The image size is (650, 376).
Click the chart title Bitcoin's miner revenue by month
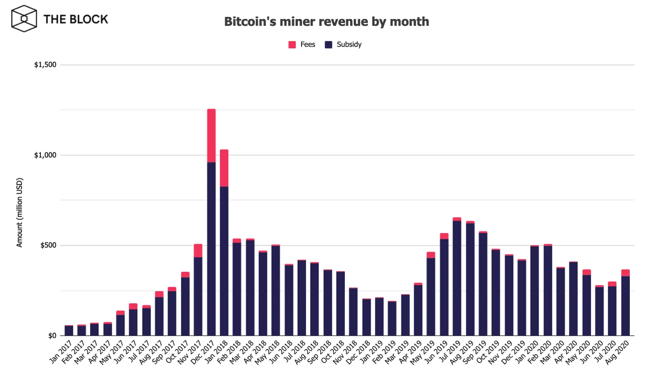[x=326, y=21]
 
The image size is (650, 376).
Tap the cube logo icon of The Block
[x=24, y=19]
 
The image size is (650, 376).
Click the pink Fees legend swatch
[x=292, y=44]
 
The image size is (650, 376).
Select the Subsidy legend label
[x=349, y=44]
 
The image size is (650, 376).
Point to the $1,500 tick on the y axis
[x=45, y=65]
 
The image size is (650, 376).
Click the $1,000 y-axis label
[x=45, y=155]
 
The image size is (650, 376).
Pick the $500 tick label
[x=48, y=245]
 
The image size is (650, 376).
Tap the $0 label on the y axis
[x=52, y=336]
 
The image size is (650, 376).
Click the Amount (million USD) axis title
[x=19, y=213]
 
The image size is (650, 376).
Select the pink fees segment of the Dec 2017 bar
[x=211, y=136]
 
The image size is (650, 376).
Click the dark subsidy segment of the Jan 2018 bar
[x=224, y=261]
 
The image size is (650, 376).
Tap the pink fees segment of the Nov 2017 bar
[x=198, y=251]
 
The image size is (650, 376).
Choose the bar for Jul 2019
[x=457, y=278]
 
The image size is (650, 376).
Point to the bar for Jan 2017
[x=69, y=331]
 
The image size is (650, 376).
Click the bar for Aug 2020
[x=625, y=305]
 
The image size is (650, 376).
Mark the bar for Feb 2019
[x=392, y=319]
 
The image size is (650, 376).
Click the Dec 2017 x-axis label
[x=203, y=352]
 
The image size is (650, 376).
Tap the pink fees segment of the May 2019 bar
[x=431, y=255]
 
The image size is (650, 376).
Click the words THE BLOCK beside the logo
[x=75, y=19]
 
